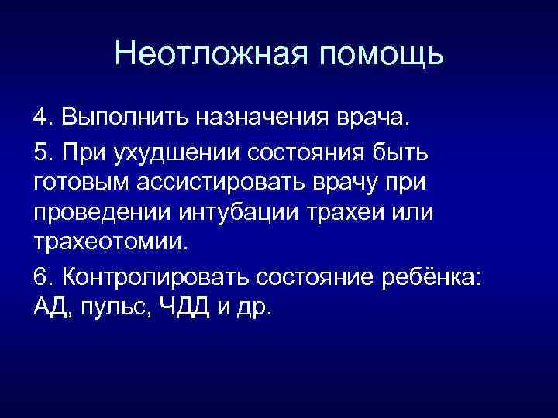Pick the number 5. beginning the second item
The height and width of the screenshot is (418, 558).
click(x=43, y=153)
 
